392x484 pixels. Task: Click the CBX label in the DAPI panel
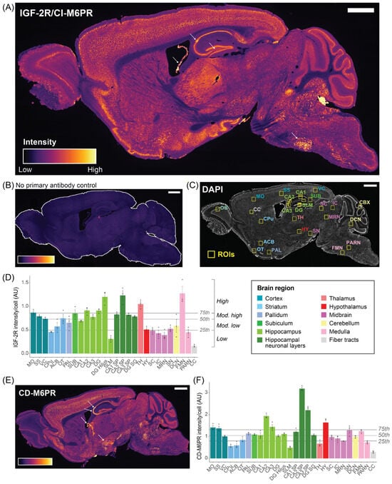[365, 203]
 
